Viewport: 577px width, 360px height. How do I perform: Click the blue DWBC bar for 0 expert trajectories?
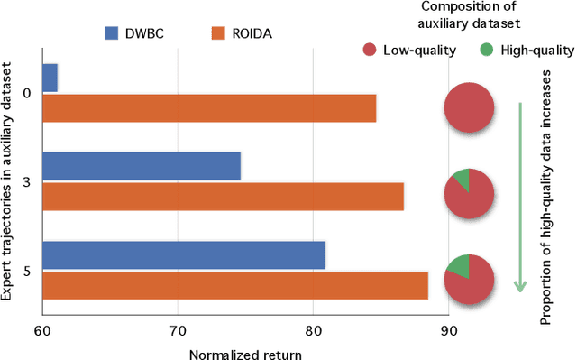tap(50, 78)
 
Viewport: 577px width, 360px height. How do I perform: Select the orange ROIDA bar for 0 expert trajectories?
tap(208, 108)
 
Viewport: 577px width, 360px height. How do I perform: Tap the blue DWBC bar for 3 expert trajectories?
tap(141, 166)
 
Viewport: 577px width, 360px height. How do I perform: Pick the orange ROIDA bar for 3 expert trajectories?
tap(222, 196)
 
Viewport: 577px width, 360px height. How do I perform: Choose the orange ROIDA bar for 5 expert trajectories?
tap(234, 285)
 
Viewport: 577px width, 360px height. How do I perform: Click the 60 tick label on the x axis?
tap(42, 331)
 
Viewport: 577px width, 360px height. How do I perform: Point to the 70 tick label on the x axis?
tap(178, 331)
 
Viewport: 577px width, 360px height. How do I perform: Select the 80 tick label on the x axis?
tap(313, 331)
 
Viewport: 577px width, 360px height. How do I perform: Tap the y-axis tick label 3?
tap(27, 181)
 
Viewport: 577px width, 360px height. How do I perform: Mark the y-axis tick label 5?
tap(27, 270)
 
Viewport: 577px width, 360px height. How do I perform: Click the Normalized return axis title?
tap(244, 353)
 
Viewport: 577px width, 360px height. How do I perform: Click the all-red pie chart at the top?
tap(469, 107)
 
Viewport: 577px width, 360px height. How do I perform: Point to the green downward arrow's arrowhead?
tap(520, 286)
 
